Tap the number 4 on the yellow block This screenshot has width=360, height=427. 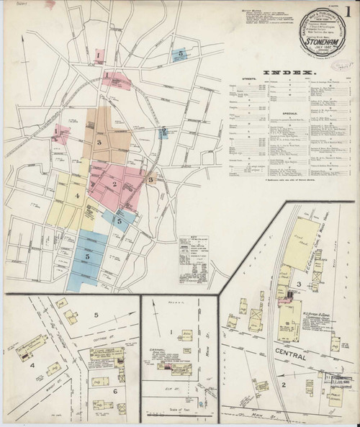[x=75, y=195]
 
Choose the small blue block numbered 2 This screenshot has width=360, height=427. [x=164, y=132]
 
